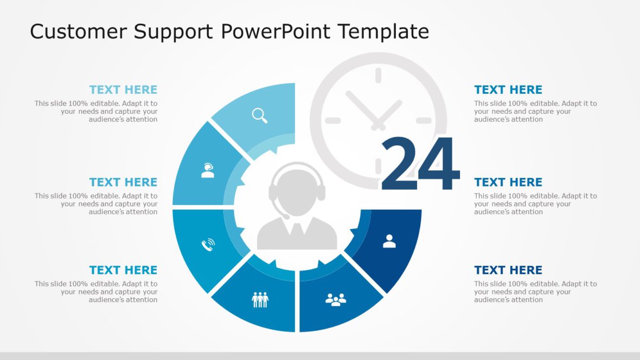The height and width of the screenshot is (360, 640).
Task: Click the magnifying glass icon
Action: (260, 115)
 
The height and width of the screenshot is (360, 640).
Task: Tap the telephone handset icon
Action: (208, 245)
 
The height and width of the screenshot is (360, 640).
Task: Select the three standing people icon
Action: (260, 299)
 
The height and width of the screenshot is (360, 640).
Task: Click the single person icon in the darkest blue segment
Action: (389, 241)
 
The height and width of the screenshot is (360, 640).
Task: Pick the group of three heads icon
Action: (336, 299)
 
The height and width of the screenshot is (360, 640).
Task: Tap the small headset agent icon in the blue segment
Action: (207, 170)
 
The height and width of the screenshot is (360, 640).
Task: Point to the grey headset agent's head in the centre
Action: (297, 188)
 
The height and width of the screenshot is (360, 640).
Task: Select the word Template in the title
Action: (383, 31)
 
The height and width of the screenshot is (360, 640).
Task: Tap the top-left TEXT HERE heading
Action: (123, 90)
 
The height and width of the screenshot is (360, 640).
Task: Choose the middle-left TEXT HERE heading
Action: (123, 182)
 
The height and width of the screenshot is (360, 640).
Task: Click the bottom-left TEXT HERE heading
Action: (123, 270)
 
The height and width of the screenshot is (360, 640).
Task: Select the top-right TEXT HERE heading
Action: (508, 90)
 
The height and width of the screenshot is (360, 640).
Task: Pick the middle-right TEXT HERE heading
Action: (508, 182)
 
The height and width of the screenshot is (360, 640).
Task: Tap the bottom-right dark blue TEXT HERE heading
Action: (508, 270)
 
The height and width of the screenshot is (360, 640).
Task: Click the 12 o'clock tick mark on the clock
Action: (378, 76)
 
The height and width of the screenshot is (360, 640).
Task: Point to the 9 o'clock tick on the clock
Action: (332, 120)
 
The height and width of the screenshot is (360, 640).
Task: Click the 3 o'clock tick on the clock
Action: (424, 120)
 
